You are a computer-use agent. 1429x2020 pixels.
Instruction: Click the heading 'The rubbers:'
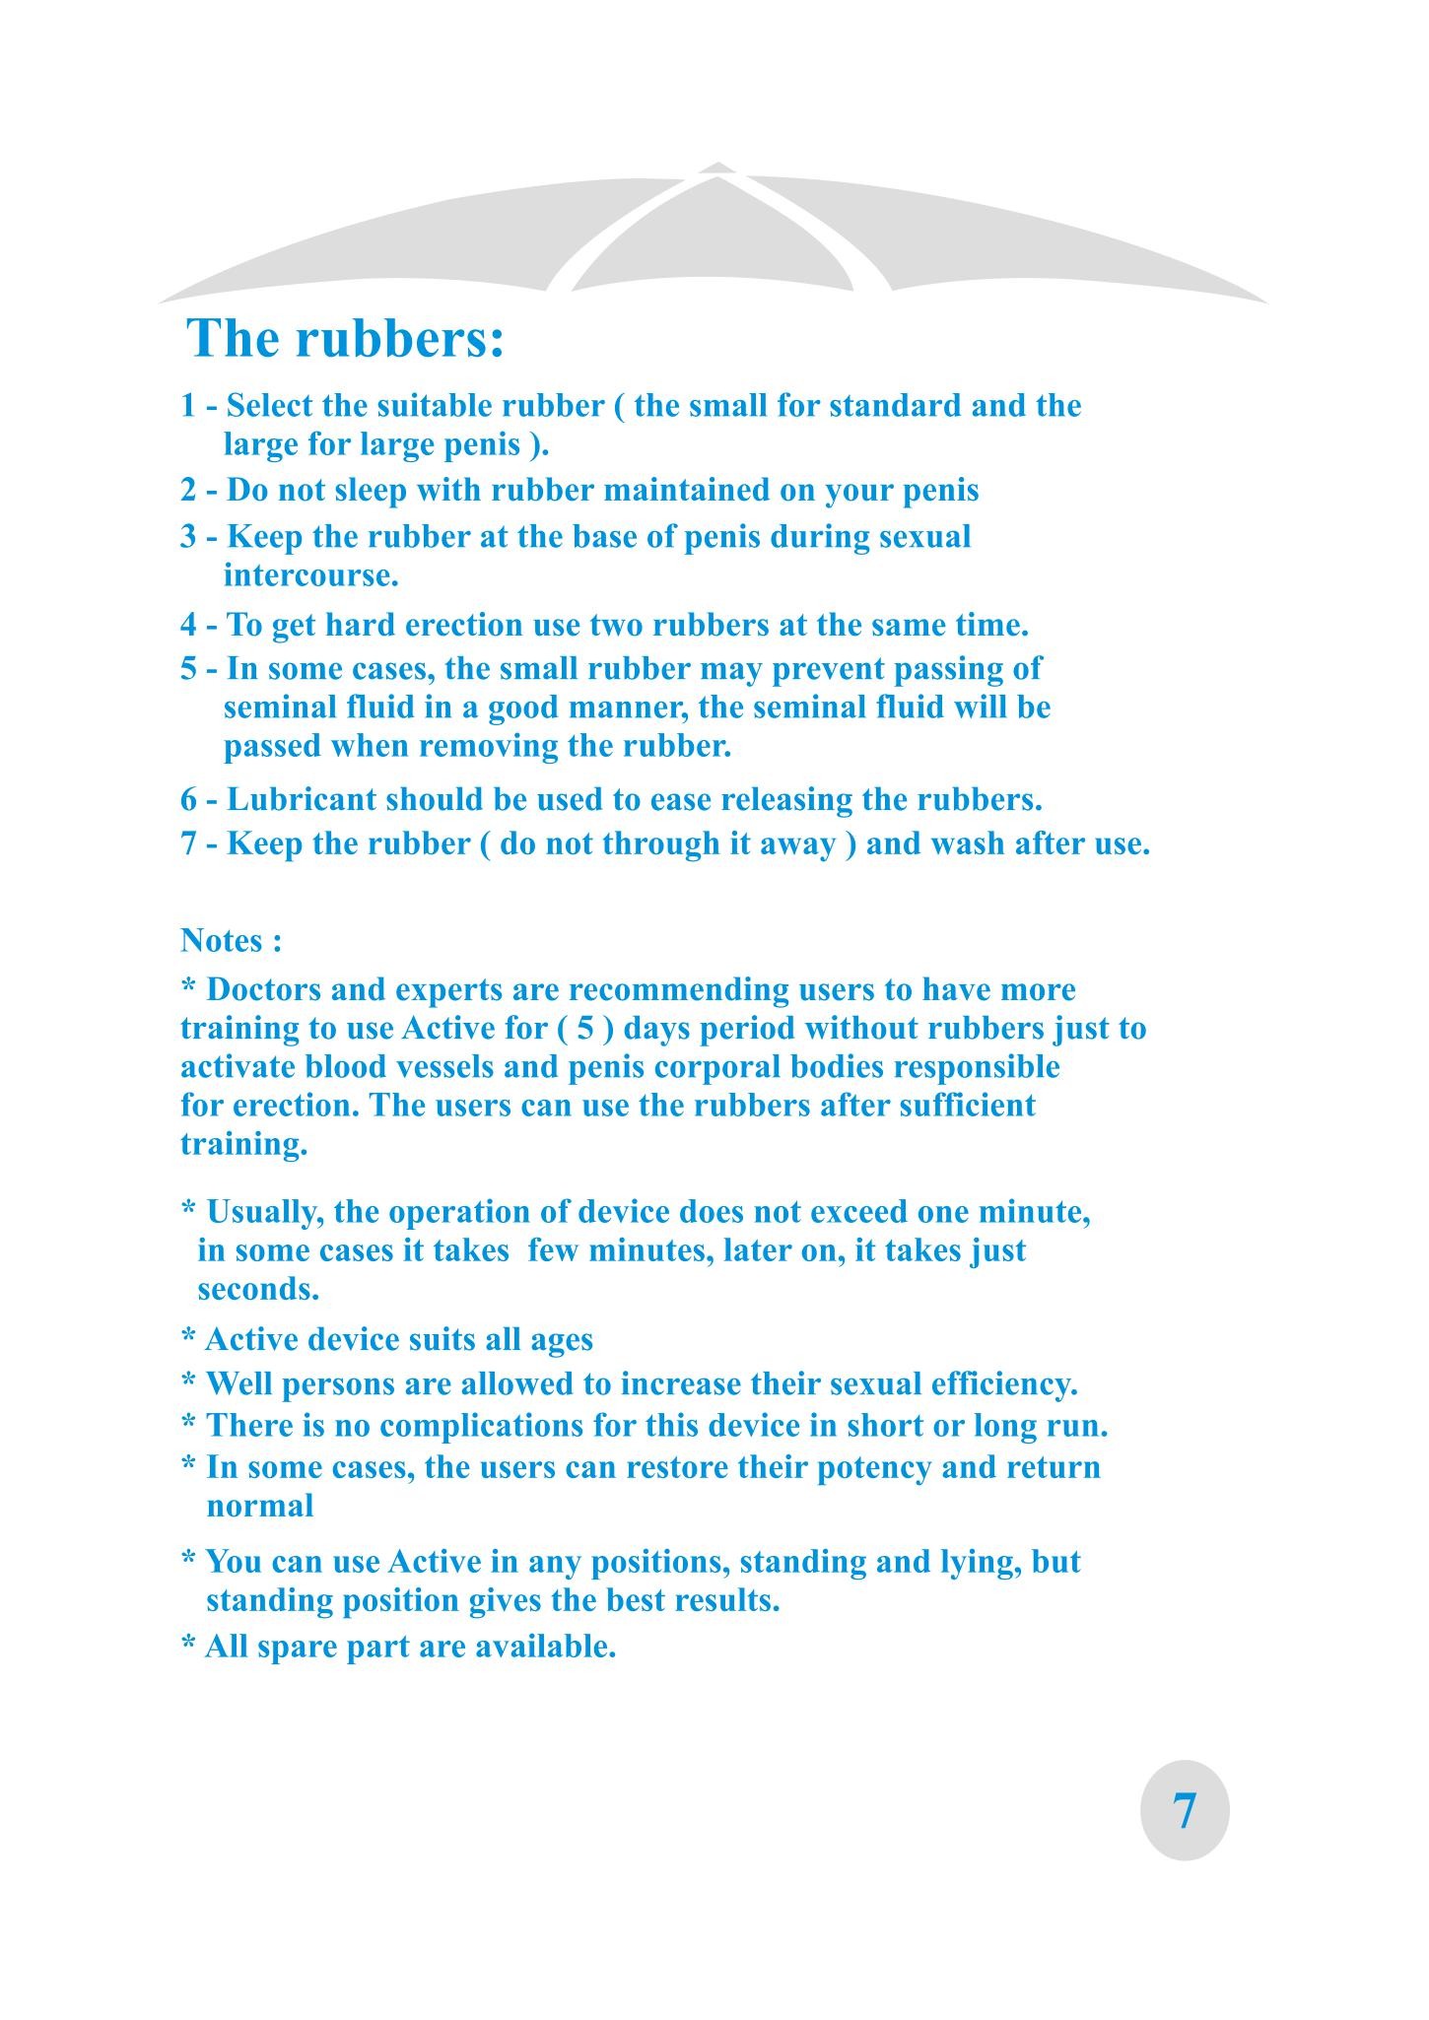tap(345, 339)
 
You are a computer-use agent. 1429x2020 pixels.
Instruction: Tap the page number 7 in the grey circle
tap(1185, 1810)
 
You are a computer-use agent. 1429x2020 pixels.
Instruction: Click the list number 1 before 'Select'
tap(188, 406)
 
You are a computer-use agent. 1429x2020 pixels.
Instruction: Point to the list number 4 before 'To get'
tap(188, 625)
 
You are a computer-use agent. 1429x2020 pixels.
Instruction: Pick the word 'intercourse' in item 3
tap(308, 575)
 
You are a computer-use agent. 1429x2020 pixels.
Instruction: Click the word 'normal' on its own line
tap(260, 1506)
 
